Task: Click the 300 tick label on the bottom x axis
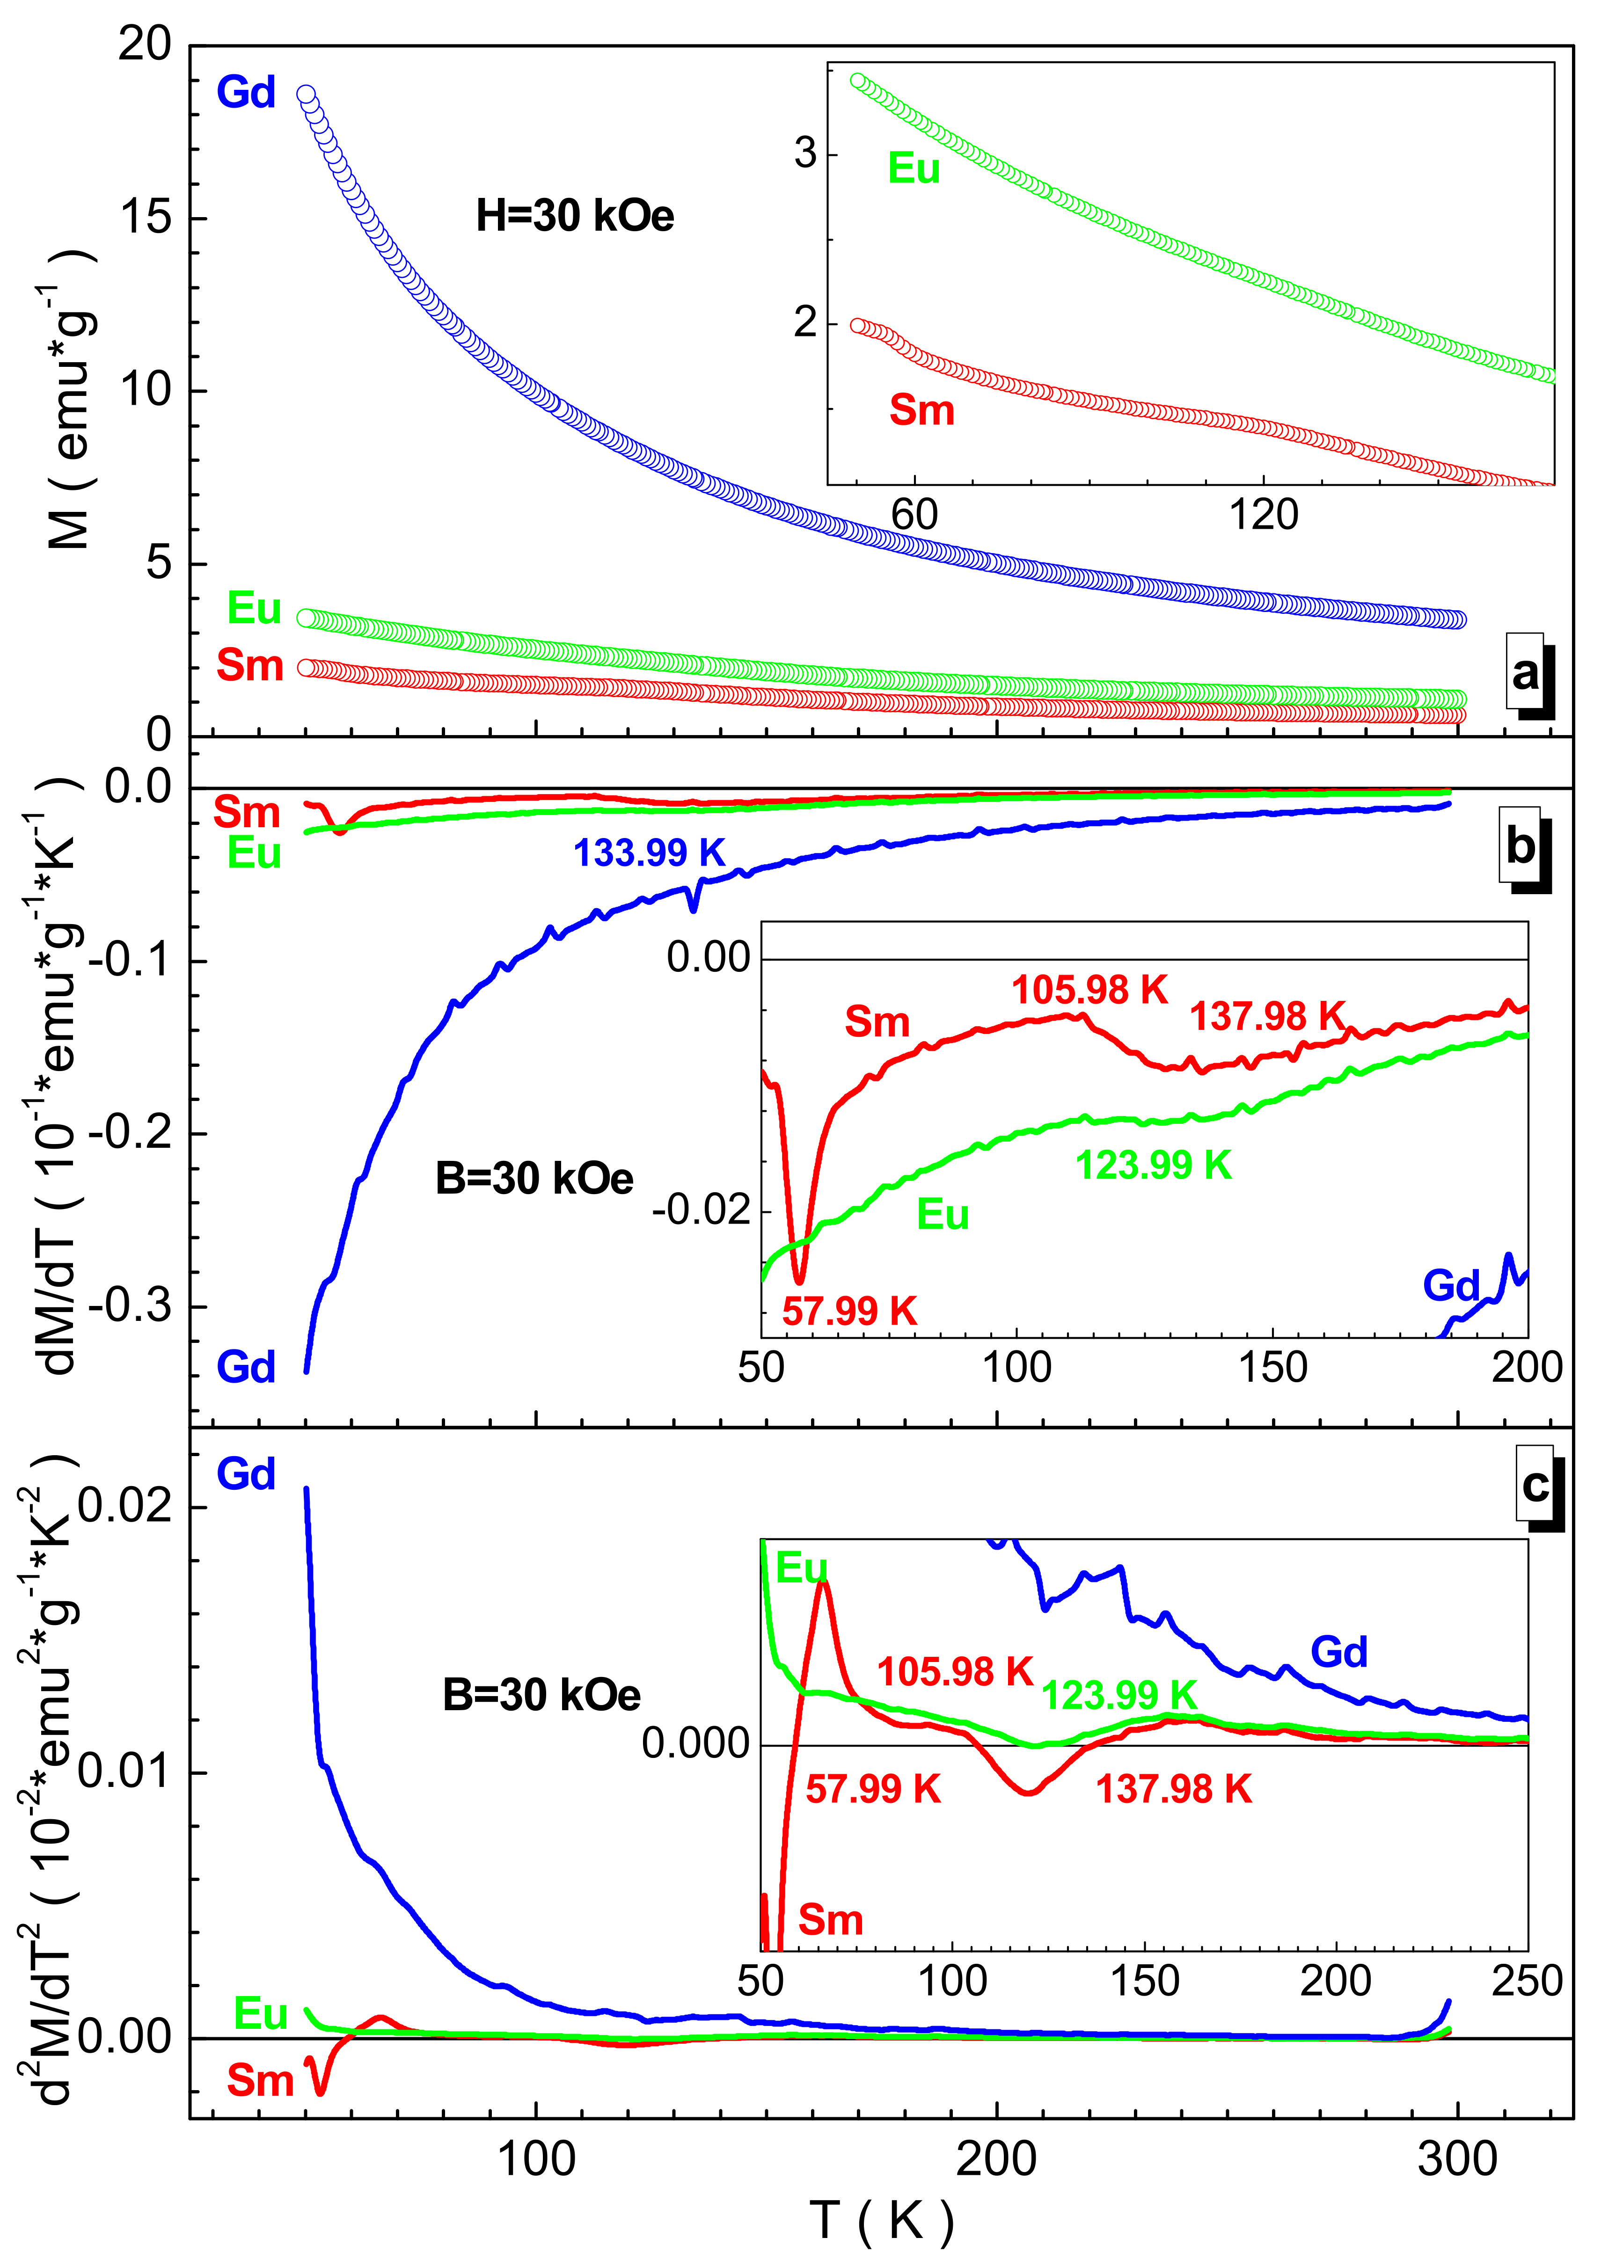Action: tap(1457, 2159)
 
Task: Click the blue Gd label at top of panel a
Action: tap(246, 93)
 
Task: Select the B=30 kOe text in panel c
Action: tap(541, 1695)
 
